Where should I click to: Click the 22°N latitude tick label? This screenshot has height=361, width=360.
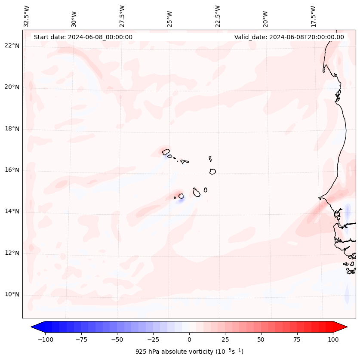(11, 46)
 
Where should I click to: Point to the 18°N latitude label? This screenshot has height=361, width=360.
(11, 129)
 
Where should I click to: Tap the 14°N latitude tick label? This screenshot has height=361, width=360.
(11, 211)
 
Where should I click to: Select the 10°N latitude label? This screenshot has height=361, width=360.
(11, 294)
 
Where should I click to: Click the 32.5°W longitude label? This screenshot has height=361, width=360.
(27, 16)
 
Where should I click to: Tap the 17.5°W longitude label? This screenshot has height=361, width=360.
(314, 16)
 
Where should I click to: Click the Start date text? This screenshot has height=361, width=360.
(83, 37)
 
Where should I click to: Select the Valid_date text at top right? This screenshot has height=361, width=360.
(289, 37)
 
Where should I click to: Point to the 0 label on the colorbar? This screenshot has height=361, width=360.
(189, 339)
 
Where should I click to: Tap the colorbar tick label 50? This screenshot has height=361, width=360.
(261, 339)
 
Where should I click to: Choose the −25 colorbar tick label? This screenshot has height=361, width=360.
(153, 339)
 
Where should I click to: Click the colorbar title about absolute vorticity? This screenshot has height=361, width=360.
(189, 352)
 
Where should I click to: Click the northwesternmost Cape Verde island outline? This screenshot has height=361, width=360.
(166, 151)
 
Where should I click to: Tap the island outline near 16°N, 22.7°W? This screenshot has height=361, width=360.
(212, 171)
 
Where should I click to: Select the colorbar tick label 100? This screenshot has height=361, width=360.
(332, 339)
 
